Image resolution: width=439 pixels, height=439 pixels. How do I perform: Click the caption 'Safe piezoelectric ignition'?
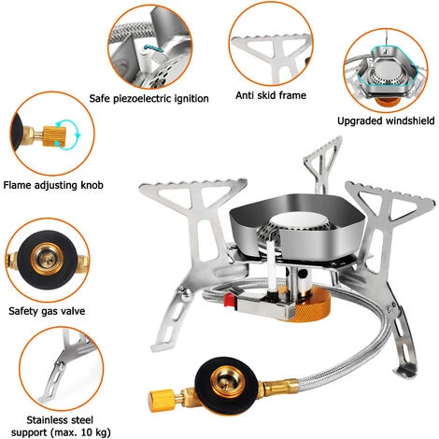[149, 98]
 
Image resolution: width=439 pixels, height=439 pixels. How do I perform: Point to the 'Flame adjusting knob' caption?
[54, 185]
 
